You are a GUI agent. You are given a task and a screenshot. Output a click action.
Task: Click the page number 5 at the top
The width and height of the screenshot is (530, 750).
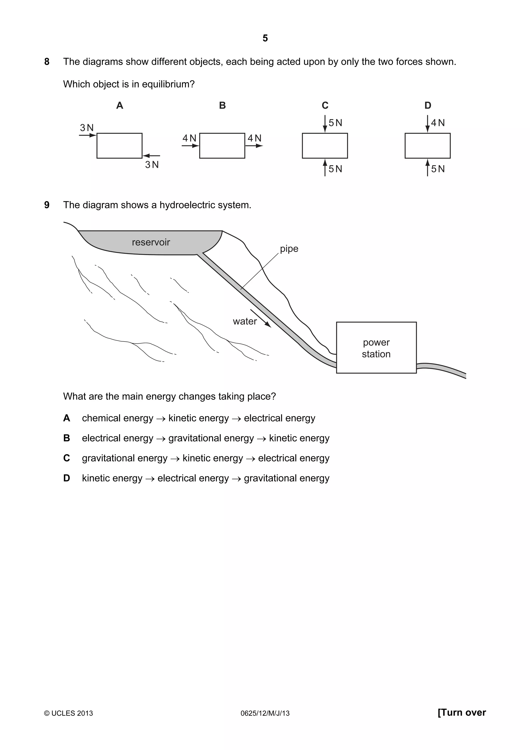pos(265,38)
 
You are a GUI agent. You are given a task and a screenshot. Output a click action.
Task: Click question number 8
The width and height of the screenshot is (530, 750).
pos(47,62)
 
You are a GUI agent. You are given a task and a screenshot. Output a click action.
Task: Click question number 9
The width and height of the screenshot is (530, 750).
pos(47,205)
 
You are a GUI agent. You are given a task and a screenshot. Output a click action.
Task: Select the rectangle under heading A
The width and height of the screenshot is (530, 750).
pos(119,146)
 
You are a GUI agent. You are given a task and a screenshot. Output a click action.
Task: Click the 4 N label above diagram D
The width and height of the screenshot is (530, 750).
pos(438,123)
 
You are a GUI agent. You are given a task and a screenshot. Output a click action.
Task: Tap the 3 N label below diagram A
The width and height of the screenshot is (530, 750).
pos(152,165)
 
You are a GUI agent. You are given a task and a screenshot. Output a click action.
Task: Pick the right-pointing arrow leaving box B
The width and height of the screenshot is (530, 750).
pos(254,146)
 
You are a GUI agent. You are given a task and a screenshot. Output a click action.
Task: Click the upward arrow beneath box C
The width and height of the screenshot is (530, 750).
pos(325,167)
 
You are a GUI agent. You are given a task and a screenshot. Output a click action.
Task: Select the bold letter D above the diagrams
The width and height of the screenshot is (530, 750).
pos(428,106)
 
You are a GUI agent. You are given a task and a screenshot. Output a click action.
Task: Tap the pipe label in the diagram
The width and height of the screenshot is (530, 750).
pos(289,249)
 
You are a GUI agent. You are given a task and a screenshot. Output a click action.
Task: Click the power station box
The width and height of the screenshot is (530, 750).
pos(376,348)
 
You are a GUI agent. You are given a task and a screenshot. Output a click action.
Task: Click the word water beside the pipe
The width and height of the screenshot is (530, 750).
pos(245,321)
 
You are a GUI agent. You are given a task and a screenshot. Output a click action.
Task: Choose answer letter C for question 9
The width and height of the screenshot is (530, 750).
pos(67,458)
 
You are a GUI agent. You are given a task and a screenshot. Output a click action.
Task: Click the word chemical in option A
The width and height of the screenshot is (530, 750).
pos(101,418)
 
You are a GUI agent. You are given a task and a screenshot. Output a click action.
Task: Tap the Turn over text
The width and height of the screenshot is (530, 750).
pos(461,712)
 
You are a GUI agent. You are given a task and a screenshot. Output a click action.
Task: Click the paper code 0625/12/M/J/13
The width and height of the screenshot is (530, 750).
pos(265,714)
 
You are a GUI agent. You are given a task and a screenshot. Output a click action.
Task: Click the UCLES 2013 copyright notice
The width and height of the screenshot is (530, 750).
pos(69,714)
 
